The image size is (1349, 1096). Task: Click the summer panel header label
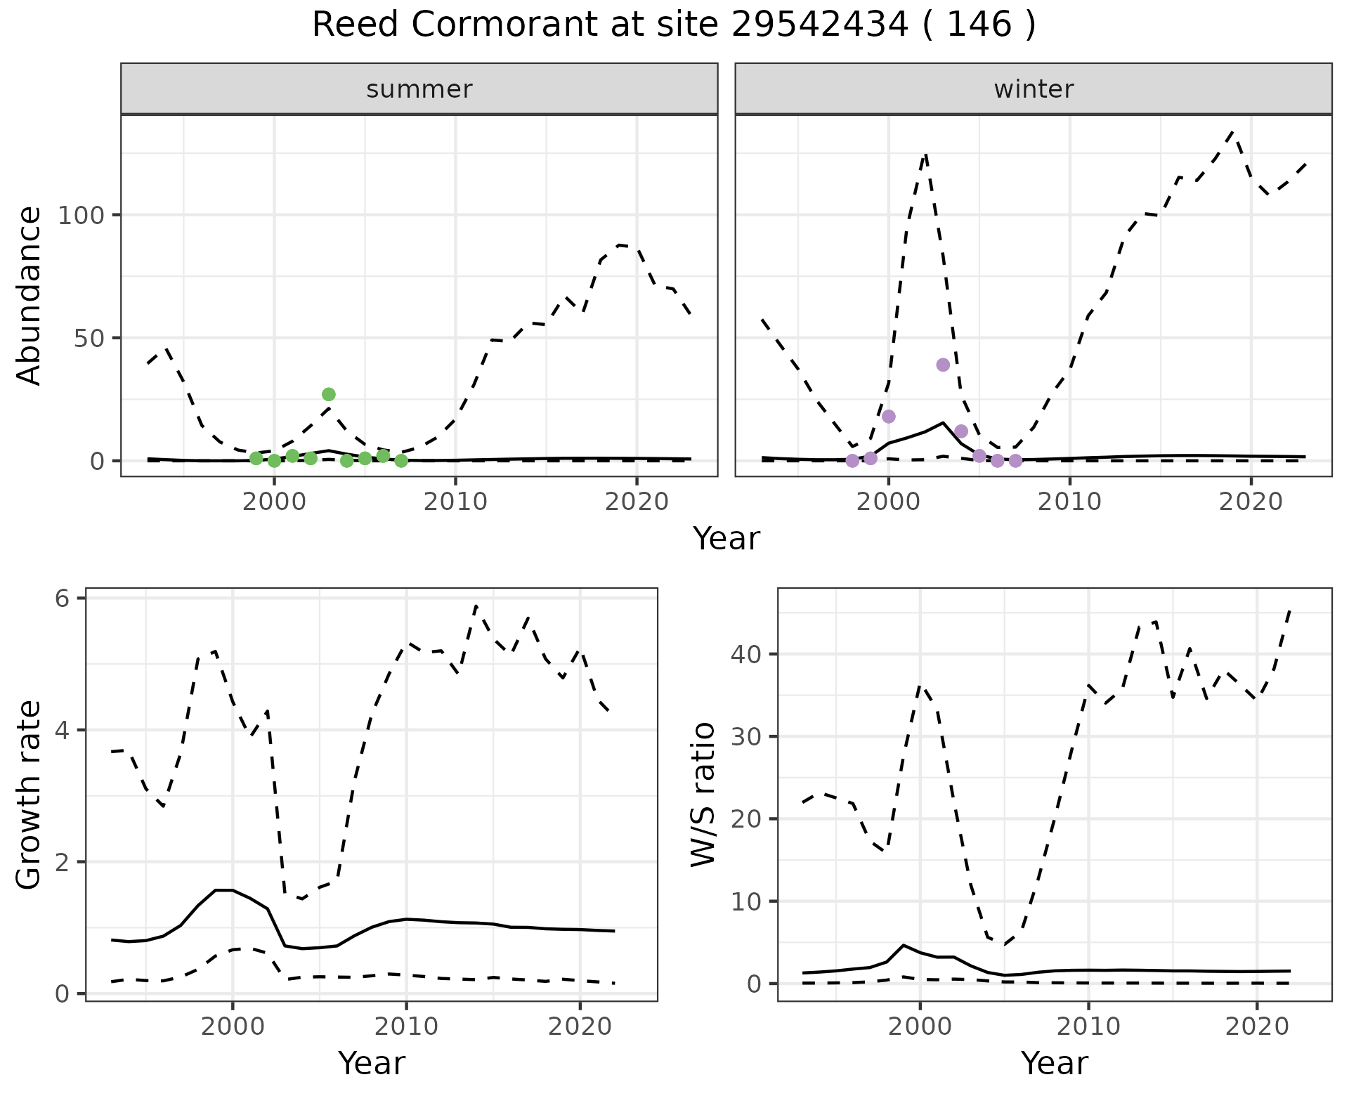tap(419, 89)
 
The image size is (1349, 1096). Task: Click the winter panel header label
tap(1034, 89)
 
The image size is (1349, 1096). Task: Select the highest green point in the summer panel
tap(329, 394)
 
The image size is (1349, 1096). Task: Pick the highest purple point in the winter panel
tap(943, 365)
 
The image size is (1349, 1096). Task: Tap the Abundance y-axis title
tap(30, 295)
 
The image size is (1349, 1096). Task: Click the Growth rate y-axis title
tap(30, 795)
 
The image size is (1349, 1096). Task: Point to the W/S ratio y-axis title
tap(703, 795)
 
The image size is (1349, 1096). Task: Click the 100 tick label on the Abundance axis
tap(80, 215)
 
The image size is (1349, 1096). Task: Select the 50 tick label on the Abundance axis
tap(89, 338)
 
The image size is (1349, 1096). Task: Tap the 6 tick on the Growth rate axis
tap(63, 599)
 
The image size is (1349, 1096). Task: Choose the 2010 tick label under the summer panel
tap(455, 502)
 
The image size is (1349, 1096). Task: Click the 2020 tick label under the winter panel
tap(1251, 502)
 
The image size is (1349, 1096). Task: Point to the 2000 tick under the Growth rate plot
tap(233, 1026)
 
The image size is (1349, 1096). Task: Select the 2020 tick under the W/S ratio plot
tap(1256, 1026)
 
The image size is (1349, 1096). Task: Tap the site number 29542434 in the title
tap(820, 26)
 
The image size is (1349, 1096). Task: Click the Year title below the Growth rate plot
tap(372, 1063)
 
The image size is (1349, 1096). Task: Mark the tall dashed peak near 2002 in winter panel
tap(926, 153)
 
